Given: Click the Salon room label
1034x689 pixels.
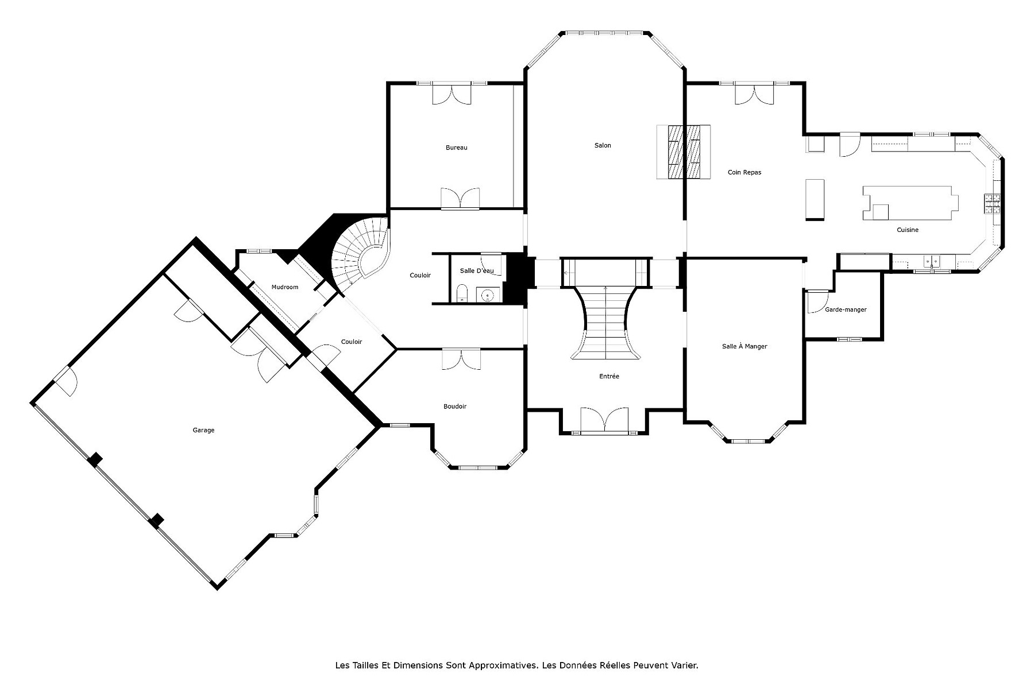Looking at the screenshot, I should click(603, 145).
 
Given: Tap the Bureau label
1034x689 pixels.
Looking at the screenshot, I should click(457, 148).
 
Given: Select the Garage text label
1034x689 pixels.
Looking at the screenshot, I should click(203, 430).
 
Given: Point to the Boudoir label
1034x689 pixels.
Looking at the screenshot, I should click(455, 407).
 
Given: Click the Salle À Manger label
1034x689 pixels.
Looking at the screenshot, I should click(744, 346).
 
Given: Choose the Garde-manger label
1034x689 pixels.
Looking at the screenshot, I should click(846, 309).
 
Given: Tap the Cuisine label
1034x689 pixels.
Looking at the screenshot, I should click(908, 230).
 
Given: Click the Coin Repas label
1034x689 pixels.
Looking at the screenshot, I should click(744, 172).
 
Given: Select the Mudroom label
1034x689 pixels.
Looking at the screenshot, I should click(285, 287).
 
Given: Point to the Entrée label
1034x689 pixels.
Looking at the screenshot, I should click(609, 377).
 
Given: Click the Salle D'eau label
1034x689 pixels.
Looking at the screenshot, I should click(476, 270).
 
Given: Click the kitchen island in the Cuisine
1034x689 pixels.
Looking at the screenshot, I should click(910, 203).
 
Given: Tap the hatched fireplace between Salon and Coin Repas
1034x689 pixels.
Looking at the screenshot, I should click(684, 152).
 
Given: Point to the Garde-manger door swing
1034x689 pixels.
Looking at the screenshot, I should click(816, 301).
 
